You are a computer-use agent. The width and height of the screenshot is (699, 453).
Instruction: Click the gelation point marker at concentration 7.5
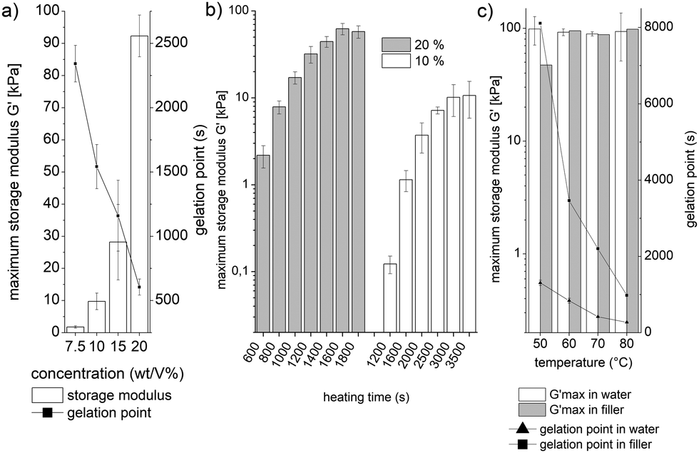75,64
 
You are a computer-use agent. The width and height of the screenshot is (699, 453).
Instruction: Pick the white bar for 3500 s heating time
469,213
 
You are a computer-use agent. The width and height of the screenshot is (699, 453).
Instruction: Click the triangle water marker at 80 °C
626,322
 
